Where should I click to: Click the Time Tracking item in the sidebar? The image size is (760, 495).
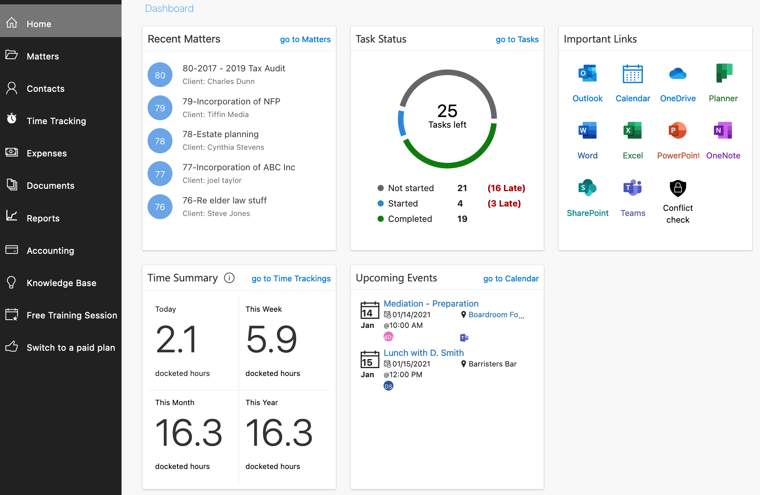point(56,121)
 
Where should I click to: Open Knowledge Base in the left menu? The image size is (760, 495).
point(61,283)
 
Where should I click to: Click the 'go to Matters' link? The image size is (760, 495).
point(305,39)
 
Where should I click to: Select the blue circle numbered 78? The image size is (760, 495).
point(160,141)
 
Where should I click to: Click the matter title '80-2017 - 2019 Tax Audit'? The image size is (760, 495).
point(234,68)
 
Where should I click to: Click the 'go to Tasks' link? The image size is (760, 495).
point(517,39)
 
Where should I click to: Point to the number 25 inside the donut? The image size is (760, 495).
point(447,111)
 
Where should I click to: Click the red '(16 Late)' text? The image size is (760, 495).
point(506,188)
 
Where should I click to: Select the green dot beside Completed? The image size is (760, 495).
point(380,219)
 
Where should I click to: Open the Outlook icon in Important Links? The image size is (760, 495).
point(587,74)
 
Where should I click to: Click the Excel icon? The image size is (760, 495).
point(633,130)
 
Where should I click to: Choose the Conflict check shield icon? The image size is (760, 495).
point(678,188)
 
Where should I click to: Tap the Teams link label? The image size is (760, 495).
point(633,213)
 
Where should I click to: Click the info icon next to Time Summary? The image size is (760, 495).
point(229,278)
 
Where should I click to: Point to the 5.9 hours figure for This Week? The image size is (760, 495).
point(271,339)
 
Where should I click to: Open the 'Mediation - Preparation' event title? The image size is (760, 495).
point(431,303)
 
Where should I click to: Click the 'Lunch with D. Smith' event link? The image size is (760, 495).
point(423,353)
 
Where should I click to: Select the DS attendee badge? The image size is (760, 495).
point(388,386)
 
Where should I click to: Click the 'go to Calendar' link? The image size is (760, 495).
point(511,279)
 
